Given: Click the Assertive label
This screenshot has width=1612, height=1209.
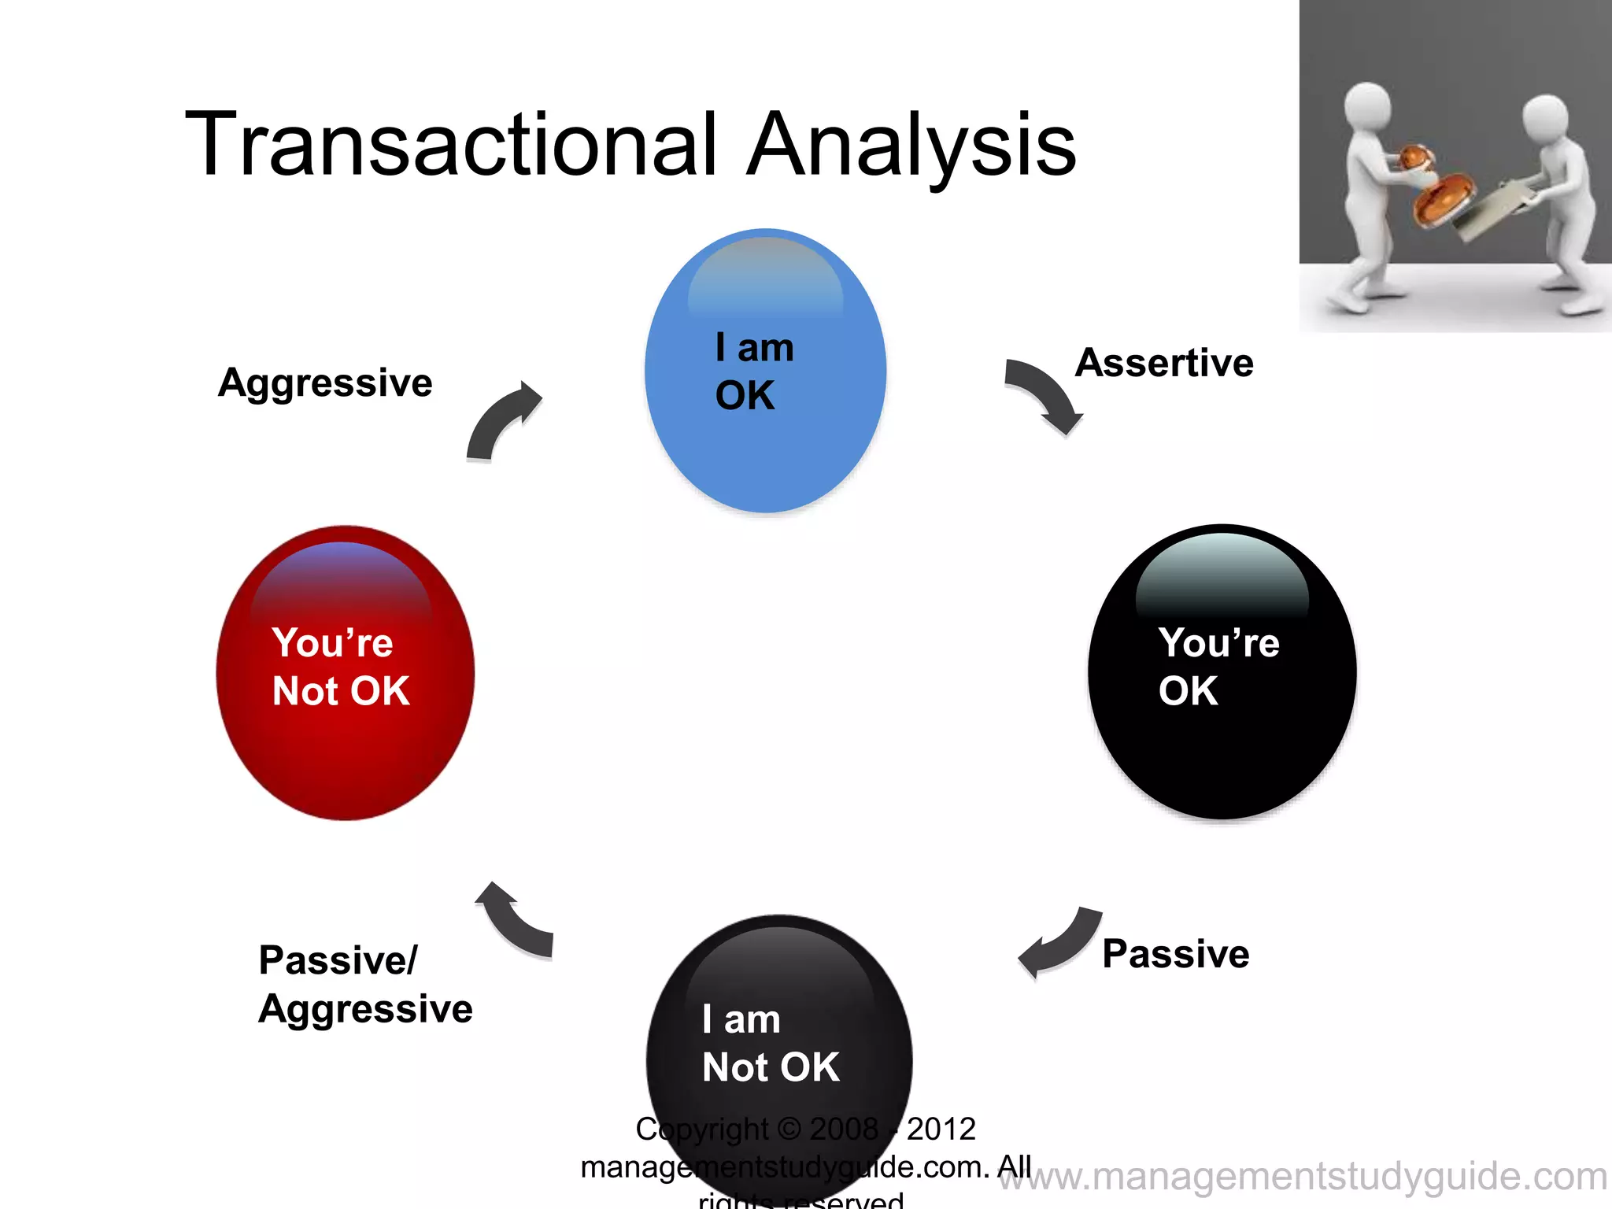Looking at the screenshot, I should (1164, 363).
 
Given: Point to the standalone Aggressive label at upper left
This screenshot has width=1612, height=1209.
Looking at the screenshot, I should (325, 383).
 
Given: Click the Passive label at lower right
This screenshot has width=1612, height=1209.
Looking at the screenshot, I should (1175, 954).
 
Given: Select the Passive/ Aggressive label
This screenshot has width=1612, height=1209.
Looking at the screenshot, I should (365, 984).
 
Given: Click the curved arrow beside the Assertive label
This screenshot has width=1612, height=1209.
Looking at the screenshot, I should (1044, 394).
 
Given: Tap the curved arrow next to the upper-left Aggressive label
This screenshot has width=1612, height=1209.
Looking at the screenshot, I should (501, 421).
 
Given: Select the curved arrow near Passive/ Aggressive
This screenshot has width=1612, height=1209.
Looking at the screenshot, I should (516, 921).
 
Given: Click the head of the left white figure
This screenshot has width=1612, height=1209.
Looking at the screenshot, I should (1367, 106).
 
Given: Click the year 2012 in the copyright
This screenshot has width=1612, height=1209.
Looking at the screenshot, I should (941, 1129).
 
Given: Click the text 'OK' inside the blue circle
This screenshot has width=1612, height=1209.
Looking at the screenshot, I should (745, 395).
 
